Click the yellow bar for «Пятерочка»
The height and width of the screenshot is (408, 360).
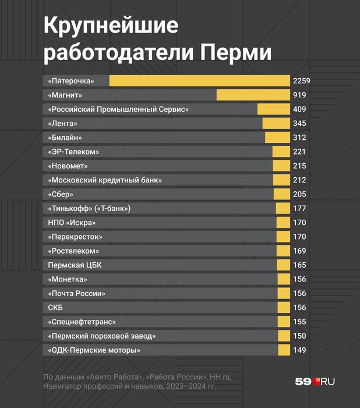[x=199, y=81]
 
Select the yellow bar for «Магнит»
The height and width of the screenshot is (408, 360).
[x=253, y=95]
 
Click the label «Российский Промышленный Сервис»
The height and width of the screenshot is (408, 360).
[x=119, y=109]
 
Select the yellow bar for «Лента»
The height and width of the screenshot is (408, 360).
[x=276, y=124]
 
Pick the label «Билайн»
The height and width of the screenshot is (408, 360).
[x=65, y=138]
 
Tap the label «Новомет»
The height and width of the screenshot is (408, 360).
[x=69, y=166]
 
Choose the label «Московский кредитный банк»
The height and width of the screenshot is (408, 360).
[x=105, y=180]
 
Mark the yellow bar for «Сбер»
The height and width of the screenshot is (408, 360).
[x=281, y=194]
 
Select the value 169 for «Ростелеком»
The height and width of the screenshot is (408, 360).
[x=301, y=251]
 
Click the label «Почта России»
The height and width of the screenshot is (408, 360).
[x=77, y=294]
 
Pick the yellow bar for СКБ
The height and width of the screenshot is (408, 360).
[x=283, y=308]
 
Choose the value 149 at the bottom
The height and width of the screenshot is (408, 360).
[x=301, y=350]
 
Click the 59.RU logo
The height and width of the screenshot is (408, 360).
[x=315, y=381]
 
